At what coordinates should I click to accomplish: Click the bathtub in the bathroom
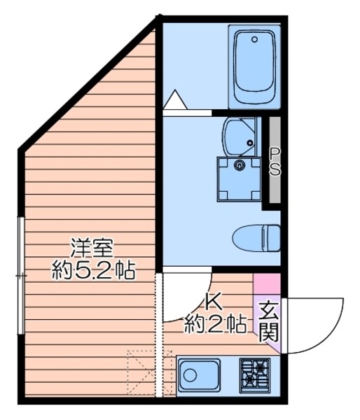coord(254,67)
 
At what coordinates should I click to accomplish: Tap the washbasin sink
coord(239,136)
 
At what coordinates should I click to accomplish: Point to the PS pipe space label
coord(275,162)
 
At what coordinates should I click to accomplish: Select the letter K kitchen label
coord(213,301)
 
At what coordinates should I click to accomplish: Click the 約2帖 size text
coord(214,324)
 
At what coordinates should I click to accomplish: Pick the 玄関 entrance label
coord(268,321)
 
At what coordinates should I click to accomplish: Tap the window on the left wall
coord(22,276)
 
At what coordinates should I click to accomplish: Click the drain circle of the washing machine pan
coord(240,166)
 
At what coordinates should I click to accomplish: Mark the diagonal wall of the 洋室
coord(88,84)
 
